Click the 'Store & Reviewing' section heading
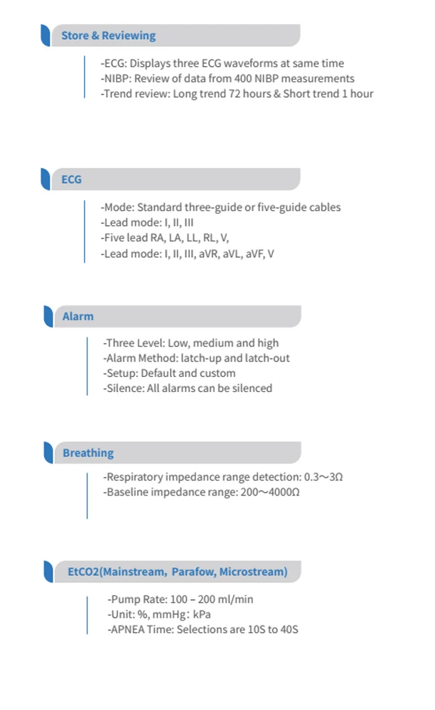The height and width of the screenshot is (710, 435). click(x=108, y=35)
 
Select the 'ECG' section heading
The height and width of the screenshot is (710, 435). click(x=71, y=180)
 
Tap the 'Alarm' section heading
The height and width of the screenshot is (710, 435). click(x=77, y=317)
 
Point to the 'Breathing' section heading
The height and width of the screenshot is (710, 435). click(x=87, y=453)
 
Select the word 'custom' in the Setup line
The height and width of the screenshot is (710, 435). click(x=220, y=373)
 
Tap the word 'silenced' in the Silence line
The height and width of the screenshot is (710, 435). click(x=252, y=388)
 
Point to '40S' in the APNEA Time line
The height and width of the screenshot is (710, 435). click(x=288, y=629)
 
